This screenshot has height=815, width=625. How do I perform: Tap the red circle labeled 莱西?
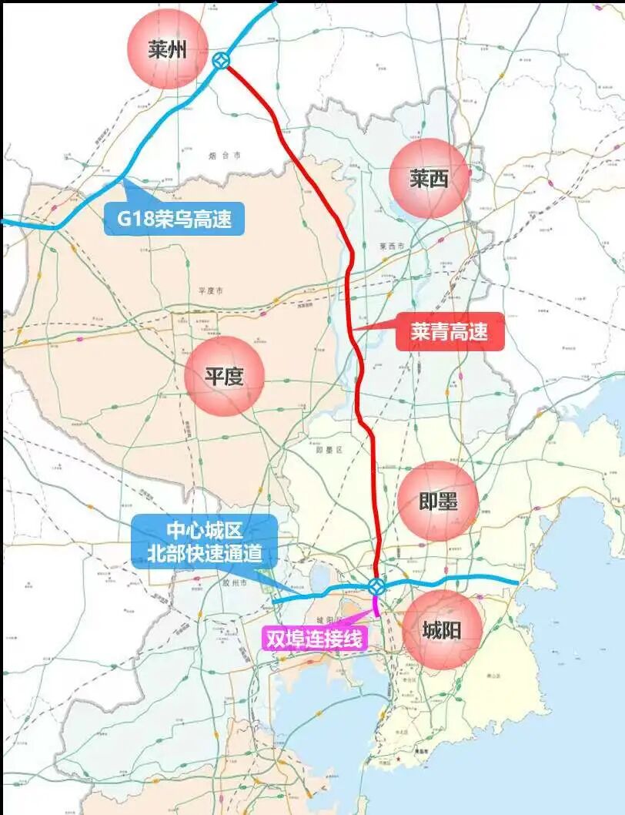pos(429,179)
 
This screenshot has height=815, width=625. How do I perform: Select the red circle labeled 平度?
pos(224,377)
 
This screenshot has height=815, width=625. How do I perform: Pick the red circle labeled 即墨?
pos(439,501)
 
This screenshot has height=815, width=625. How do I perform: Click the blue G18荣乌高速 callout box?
pos(174,219)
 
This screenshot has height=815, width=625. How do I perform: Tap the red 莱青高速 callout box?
pos(450,332)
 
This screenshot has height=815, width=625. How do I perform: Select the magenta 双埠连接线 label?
pos(313,639)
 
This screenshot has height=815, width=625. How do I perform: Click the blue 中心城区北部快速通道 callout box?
pos(205,542)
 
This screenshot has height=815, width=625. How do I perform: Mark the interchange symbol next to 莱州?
pos(220,61)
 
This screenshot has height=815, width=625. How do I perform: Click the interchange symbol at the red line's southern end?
pos(376,587)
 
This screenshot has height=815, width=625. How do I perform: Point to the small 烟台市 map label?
pos(225,156)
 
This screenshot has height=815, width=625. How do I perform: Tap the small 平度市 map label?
pos(210,290)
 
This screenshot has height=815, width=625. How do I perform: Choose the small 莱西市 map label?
pos(392,247)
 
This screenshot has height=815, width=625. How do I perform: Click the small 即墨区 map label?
pos(329,448)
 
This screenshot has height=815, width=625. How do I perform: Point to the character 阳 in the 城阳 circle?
pos(452,631)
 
